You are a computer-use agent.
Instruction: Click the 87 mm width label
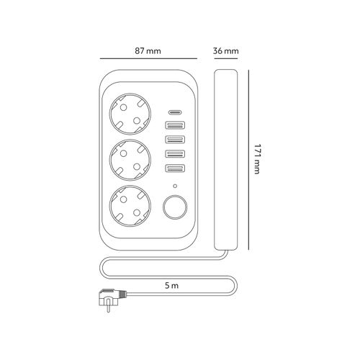tap(147, 51)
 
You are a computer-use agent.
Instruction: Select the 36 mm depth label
tap(225, 51)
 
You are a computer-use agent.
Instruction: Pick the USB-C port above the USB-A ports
tap(175, 113)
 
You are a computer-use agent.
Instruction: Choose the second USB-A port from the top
tap(175, 140)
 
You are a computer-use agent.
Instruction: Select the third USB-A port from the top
tap(175, 153)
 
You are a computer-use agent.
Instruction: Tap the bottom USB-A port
tap(175, 168)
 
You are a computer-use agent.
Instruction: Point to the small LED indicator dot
tap(175, 185)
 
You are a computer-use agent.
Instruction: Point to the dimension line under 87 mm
tap(147, 60)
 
